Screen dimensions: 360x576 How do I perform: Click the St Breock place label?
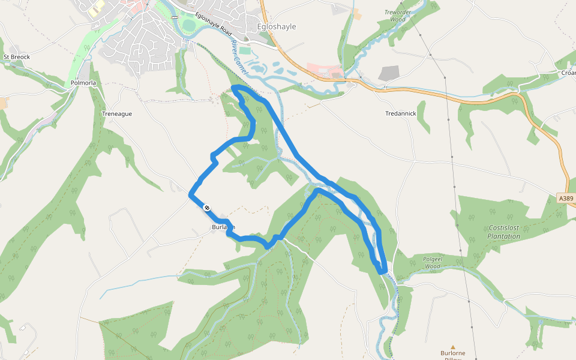tap(16, 57)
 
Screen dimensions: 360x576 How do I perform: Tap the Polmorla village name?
tap(83, 83)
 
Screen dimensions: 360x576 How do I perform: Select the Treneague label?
tap(117, 113)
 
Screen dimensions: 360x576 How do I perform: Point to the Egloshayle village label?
tap(276, 27)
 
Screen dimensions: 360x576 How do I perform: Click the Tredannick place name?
tap(400, 113)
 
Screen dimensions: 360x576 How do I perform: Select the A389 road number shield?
tap(566, 198)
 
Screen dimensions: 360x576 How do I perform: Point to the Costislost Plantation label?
tap(503, 232)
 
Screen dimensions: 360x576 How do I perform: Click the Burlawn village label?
tap(223, 227)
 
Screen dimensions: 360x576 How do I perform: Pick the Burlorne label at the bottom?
tap(453, 354)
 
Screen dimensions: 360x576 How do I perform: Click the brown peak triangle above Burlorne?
tap(453, 347)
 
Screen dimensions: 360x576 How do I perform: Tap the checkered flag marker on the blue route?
tap(207, 208)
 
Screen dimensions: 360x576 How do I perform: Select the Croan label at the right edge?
tap(569, 73)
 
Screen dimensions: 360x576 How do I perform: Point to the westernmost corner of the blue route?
tap(190, 194)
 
